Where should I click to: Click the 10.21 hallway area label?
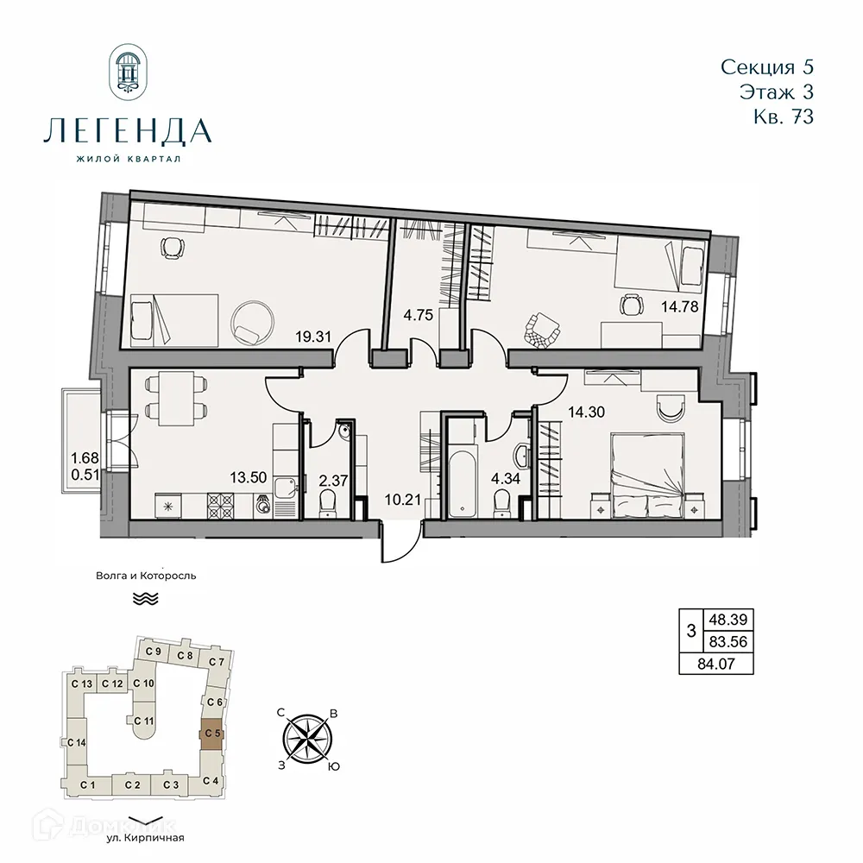pyautogui.click(x=400, y=499)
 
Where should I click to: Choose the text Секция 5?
pyautogui.click(x=765, y=66)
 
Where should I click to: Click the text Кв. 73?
pyautogui.click(x=782, y=117)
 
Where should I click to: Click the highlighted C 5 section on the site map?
pyautogui.click(x=211, y=734)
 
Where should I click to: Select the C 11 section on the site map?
pyautogui.click(x=144, y=721)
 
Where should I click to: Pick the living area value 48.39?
pyautogui.click(x=728, y=619)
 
